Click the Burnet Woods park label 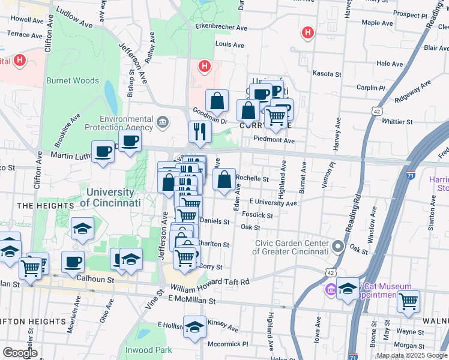73,80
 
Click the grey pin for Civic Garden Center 338,247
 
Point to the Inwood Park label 148,350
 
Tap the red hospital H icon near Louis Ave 205,65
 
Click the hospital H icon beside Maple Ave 308,32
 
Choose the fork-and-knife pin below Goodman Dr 199,131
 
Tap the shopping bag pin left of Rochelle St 224,179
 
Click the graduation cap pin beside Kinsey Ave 194,327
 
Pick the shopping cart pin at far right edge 408,301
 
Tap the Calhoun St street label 94,279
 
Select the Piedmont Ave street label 274,140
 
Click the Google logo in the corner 20,353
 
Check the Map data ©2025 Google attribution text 411,355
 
